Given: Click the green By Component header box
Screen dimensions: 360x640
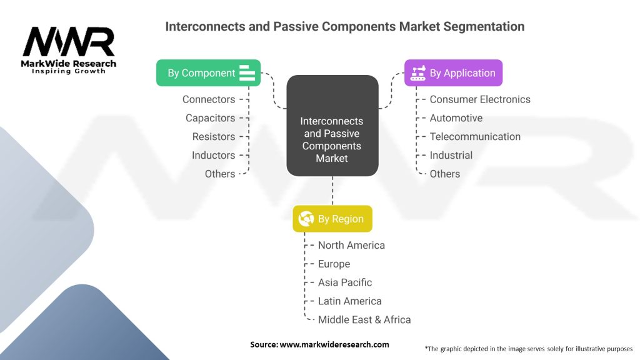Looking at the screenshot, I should [208, 73].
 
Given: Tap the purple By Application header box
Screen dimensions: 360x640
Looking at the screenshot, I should [453, 73].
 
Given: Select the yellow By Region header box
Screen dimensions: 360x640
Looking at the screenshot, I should [332, 219].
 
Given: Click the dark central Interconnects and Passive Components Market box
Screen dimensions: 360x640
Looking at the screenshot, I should [332, 125].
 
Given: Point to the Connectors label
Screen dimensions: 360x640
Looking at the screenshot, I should [209, 99].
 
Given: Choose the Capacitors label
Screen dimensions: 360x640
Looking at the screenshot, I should [210, 118].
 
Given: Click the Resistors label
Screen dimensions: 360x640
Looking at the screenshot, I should [214, 137].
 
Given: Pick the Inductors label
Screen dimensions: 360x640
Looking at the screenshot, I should [214, 155].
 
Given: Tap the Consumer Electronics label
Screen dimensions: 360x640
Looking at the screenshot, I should [480, 99].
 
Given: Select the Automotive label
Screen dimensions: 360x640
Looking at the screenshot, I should [456, 118].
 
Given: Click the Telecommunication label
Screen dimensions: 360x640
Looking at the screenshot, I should [475, 137].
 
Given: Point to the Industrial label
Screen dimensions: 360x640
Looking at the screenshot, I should [451, 155].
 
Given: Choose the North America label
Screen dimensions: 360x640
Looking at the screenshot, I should [351, 246].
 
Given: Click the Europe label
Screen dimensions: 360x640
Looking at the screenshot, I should [334, 264].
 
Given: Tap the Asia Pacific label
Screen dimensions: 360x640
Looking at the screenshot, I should [345, 282].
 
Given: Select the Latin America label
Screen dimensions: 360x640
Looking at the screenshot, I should [349, 301].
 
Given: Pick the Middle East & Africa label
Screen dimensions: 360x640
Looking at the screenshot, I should [364, 320].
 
